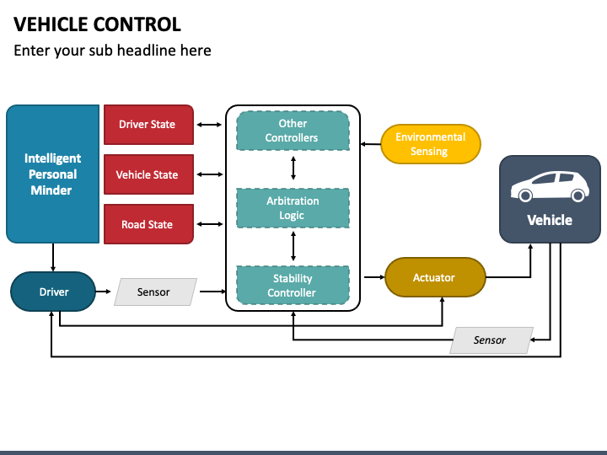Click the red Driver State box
pos(148,125)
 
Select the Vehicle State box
pos(148,174)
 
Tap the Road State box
pos(148,224)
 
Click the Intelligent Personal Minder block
pos(52,174)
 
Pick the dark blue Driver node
pos(53,292)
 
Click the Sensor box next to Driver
pos(155,292)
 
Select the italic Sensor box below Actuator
pos(492,340)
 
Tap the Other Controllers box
pos(293,131)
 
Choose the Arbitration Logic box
pos(293,208)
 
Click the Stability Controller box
pos(293,285)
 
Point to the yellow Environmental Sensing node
pos(431,144)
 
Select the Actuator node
pos(435,277)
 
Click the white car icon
pos(550,186)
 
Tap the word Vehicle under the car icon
pos(550,220)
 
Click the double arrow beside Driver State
pos(209,125)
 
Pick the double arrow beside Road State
pos(210,224)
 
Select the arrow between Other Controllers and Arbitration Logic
pos(293,168)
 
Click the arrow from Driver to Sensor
pos(104,292)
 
